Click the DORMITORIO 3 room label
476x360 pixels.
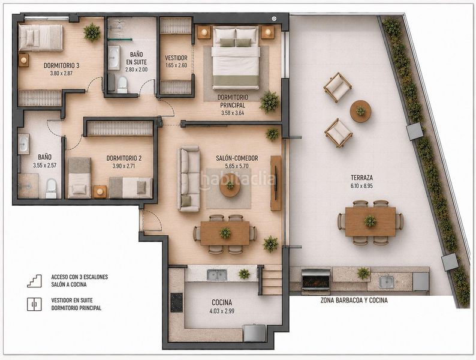(61, 65)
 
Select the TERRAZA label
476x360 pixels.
(361, 178)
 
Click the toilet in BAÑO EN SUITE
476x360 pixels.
(122, 85)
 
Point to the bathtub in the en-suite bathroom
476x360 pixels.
(114, 58)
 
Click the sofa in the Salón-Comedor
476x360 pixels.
(188, 179)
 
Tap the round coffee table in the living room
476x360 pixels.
(230, 188)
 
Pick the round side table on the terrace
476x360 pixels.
(360, 111)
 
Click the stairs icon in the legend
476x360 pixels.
(34, 281)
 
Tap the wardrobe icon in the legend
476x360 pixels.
(34, 304)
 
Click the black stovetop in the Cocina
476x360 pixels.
(176, 302)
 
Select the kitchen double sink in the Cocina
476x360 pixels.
(217, 275)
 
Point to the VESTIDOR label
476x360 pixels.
(176, 58)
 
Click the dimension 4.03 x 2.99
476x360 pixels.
(222, 311)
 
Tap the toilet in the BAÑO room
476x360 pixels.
(52, 188)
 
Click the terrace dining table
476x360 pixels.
(370, 221)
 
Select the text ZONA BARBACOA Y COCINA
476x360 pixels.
(354, 301)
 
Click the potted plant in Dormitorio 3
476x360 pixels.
(92, 32)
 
